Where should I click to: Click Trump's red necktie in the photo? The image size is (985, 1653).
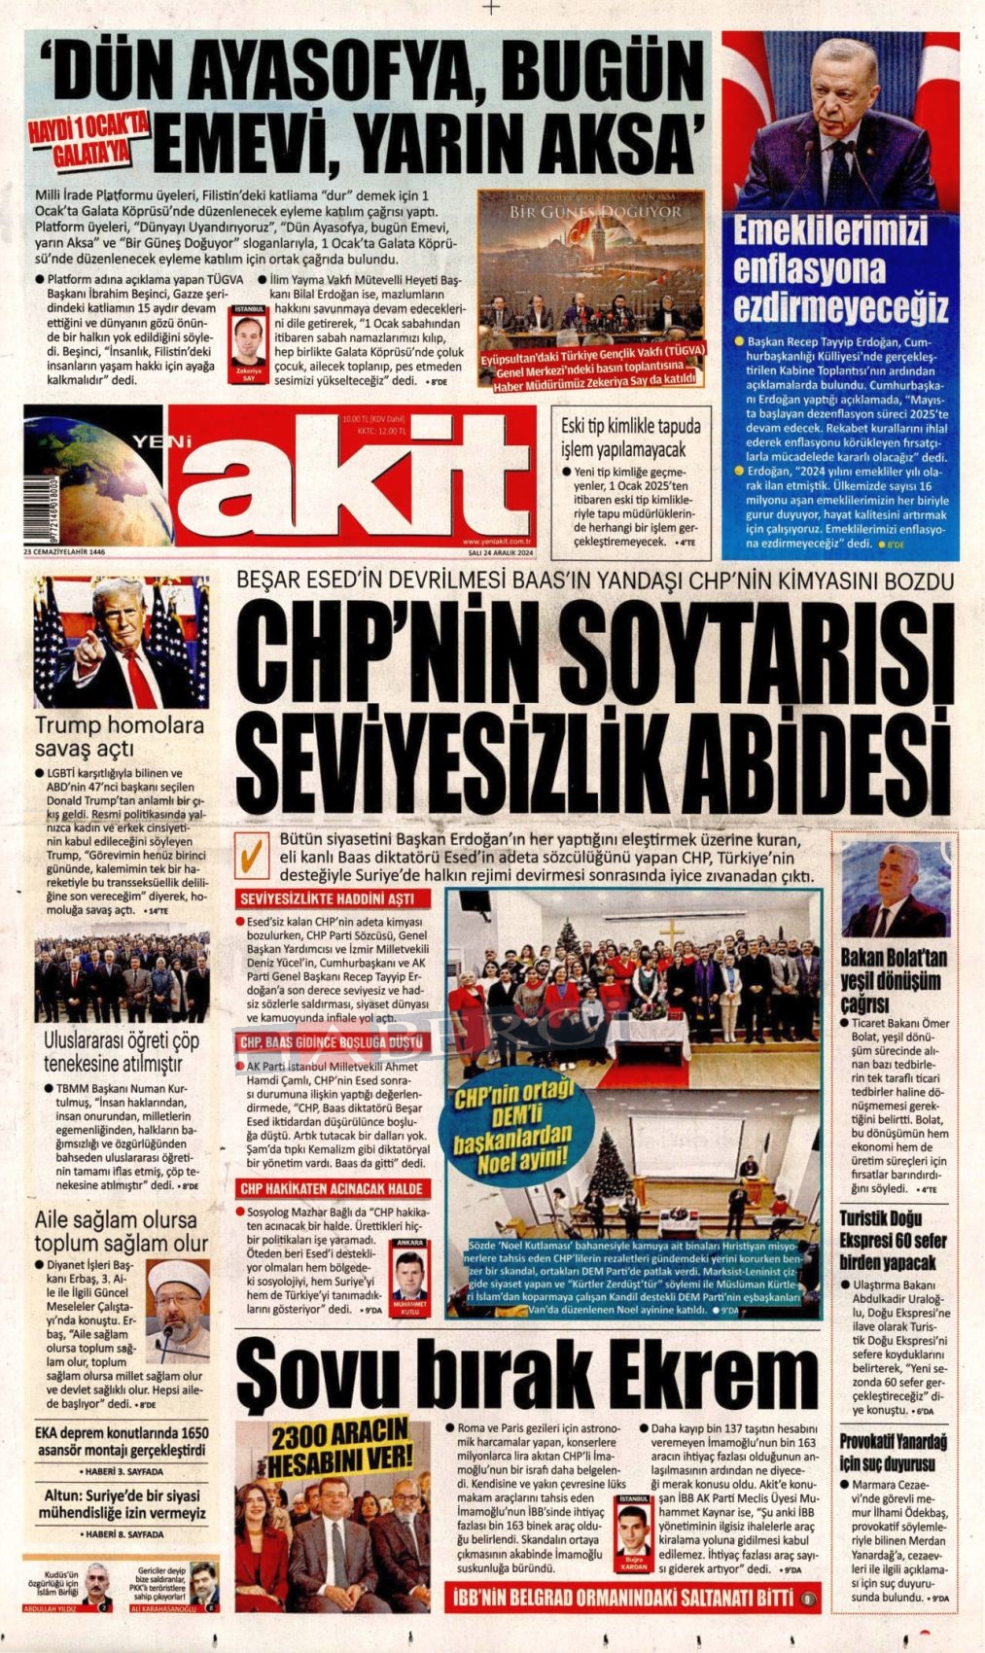pyautogui.click(x=139, y=678)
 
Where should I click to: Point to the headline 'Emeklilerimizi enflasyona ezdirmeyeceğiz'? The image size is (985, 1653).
pyautogui.click(x=840, y=268)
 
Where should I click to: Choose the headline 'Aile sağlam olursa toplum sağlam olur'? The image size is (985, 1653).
pyautogui.click(x=121, y=1232)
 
